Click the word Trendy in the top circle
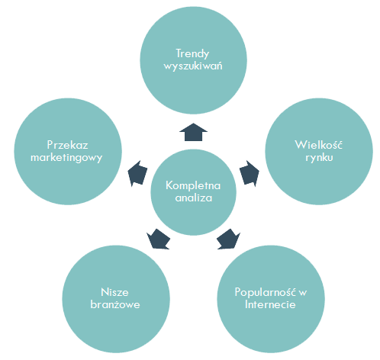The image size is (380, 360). point(192,54)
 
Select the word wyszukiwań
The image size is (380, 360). point(193,66)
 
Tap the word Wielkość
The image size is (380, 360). point(319,144)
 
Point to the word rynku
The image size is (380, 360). point(319,157)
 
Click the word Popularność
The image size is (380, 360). point(266,292)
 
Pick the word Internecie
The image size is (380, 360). point(270,304)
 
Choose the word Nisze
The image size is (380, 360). point(114,292)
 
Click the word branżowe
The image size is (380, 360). point(115,304)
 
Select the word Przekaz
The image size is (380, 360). point(67,145)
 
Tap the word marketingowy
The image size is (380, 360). point(66,158)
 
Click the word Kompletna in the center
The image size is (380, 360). point(193,185)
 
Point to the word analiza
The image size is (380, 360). point(194,198)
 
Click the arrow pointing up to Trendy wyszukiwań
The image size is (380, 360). point(193,132)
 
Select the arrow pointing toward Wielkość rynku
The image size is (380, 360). point(250,173)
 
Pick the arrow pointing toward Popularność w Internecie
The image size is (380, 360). point(228,239)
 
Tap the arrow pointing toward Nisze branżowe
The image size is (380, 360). point(158,239)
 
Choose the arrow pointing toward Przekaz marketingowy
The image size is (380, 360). point(137,173)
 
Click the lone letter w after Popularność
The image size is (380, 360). point(303,293)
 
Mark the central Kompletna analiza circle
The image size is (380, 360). point(193,192)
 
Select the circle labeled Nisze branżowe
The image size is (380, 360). point(116,299)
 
